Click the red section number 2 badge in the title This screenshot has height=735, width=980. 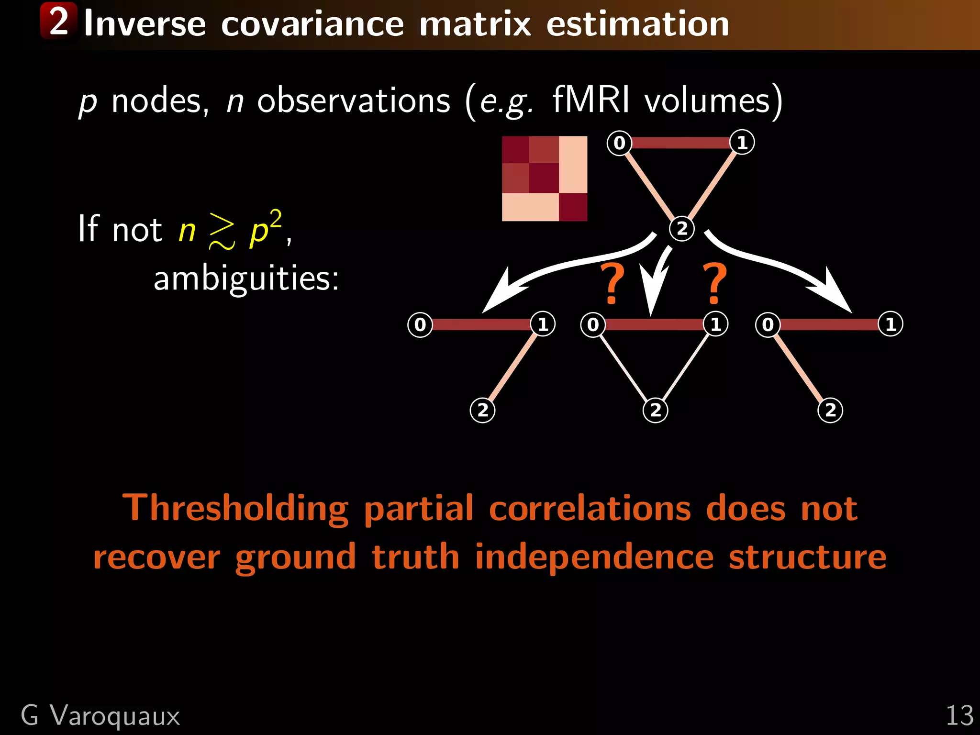pyautogui.click(x=58, y=21)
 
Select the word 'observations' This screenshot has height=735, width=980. pyautogui.click(x=354, y=100)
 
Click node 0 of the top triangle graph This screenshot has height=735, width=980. pyautogui.click(x=619, y=143)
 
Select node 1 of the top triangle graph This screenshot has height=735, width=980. pyautogui.click(x=742, y=143)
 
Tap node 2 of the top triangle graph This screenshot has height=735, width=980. pyautogui.click(x=681, y=228)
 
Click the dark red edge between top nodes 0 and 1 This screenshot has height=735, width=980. pyautogui.click(x=680, y=143)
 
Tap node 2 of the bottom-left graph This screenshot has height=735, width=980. pyautogui.click(x=482, y=410)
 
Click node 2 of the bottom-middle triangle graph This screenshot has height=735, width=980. pyautogui.click(x=655, y=410)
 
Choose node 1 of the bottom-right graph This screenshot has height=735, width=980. pyautogui.click(x=890, y=324)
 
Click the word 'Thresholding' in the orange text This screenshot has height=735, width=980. pyautogui.click(x=235, y=508)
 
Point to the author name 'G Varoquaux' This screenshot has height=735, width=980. pyautogui.click(x=100, y=716)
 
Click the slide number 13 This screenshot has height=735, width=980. pyautogui.click(x=959, y=716)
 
